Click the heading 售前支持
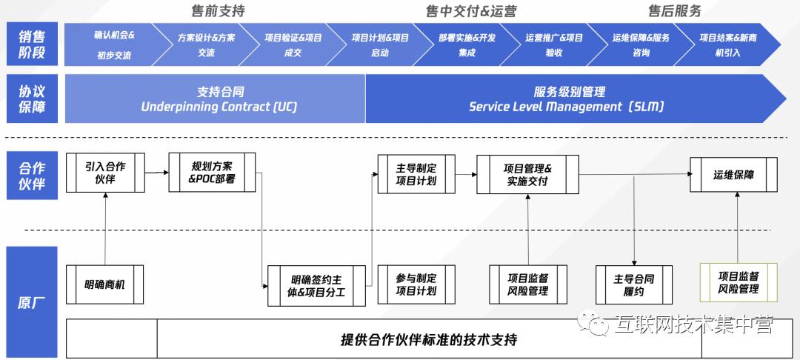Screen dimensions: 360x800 tap(220, 11)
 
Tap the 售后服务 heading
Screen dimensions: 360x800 tap(674, 11)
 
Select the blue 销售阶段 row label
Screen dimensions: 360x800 tap(32, 44)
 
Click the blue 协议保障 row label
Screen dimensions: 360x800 tap(32, 99)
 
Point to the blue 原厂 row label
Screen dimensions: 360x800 tap(32, 302)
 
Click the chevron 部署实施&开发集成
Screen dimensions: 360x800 tap(467, 44)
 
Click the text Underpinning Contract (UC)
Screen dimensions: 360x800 tap(219, 107)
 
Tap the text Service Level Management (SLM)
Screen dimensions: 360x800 tap(567, 107)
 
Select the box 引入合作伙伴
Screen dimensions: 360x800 tap(105, 173)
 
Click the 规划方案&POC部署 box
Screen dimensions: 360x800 tap(212, 173)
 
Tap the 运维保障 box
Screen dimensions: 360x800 tap(733, 175)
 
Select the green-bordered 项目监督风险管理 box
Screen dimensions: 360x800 tap(739, 283)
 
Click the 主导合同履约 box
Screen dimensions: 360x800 tap(634, 284)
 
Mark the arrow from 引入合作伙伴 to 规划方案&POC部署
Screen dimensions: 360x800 tap(156, 173)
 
